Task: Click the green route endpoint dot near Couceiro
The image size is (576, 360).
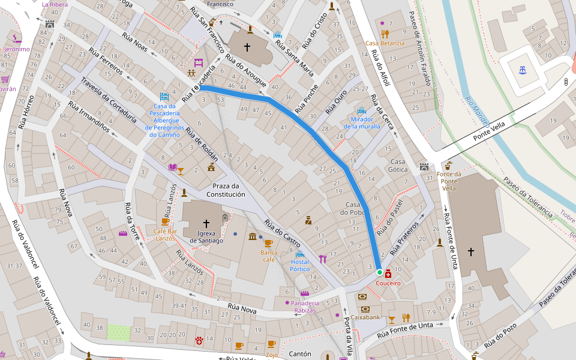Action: pyautogui.click(x=379, y=272)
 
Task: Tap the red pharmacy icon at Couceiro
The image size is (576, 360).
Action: pyautogui.click(x=388, y=273)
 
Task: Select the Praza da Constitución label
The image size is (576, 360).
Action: pyautogui.click(x=225, y=190)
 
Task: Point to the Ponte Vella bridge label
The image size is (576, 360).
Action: pyautogui.click(x=489, y=130)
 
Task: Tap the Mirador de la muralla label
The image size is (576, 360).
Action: pyautogui.click(x=361, y=123)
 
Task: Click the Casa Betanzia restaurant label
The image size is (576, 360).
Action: pyautogui.click(x=385, y=43)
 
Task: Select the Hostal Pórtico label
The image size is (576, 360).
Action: pyautogui.click(x=300, y=265)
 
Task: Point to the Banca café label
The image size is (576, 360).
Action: pyautogui.click(x=268, y=256)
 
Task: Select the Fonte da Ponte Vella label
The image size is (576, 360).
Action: pyautogui.click(x=448, y=181)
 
